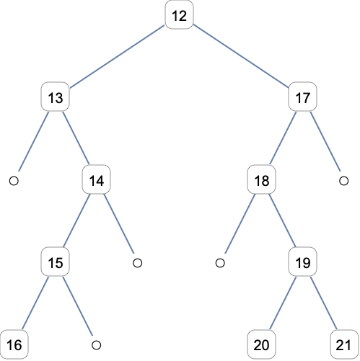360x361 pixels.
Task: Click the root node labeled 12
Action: click(x=179, y=15)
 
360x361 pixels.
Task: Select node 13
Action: click(x=56, y=97)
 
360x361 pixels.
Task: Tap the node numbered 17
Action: click(x=302, y=97)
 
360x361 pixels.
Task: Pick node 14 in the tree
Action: click(x=97, y=179)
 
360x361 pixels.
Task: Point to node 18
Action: click(x=261, y=179)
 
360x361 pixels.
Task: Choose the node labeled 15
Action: click(x=56, y=262)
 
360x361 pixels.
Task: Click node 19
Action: click(x=302, y=262)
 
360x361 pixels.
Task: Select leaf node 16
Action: click(x=14, y=344)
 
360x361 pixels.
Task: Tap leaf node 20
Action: click(x=261, y=344)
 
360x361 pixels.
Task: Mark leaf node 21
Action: click(x=344, y=344)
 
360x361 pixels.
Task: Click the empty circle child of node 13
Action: click(x=14, y=181)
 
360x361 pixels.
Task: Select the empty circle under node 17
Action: click(x=343, y=181)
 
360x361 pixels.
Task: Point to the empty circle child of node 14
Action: click(x=138, y=263)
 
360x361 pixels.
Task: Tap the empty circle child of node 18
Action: click(x=220, y=263)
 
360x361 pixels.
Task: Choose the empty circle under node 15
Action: click(x=97, y=345)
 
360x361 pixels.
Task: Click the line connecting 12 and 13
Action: click(x=117, y=56)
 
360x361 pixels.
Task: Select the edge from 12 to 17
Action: click(x=241, y=56)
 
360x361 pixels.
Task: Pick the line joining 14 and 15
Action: click(x=76, y=220)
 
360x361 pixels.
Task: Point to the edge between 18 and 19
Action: click(x=282, y=220)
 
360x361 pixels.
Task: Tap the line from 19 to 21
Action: click(x=323, y=303)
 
